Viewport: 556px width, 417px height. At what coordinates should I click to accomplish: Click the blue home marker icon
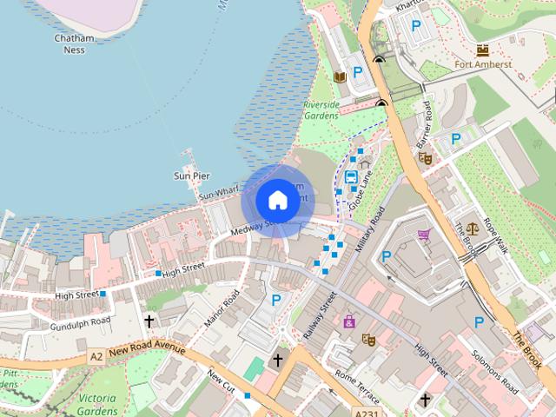pyautogui.click(x=277, y=200)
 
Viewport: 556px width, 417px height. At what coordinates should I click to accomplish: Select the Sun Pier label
pyautogui.click(x=192, y=176)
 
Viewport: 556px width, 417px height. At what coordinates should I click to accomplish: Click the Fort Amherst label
pyautogui.click(x=483, y=63)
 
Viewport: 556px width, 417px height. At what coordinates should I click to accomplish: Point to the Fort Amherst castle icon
pyautogui.click(x=483, y=50)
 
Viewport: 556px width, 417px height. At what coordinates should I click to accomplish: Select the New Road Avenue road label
pyautogui.click(x=148, y=349)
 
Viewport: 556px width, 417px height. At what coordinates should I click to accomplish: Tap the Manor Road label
pyautogui.click(x=221, y=308)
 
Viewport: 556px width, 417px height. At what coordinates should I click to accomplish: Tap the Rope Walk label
pyautogui.click(x=495, y=235)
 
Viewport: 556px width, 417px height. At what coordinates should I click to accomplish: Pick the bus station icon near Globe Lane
pyautogui.click(x=351, y=177)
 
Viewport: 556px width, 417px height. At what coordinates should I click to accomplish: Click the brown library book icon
pyautogui.click(x=341, y=78)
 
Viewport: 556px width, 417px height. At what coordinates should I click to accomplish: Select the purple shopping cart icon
pyautogui.click(x=424, y=235)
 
